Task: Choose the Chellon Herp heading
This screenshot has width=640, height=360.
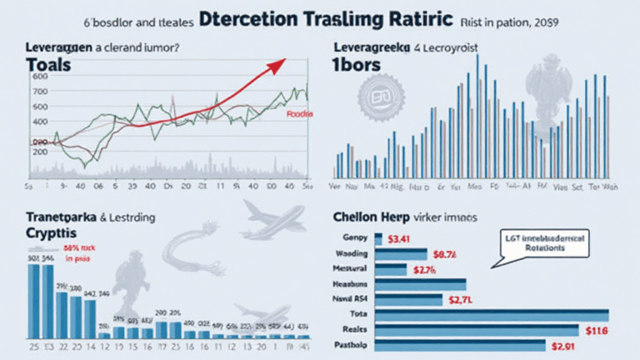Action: pos(364,219)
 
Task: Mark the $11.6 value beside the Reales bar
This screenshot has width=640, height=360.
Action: pos(621,330)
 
